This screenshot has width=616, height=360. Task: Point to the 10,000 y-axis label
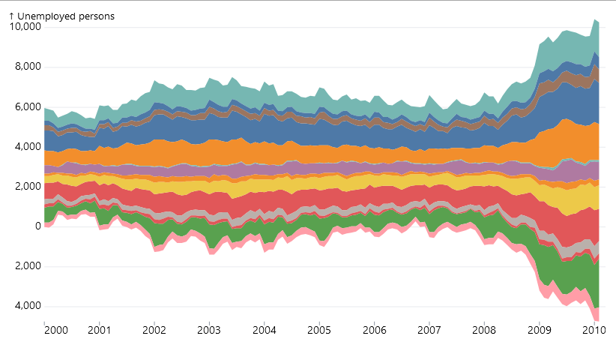[24, 27]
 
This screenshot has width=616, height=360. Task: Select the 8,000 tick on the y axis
[26, 67]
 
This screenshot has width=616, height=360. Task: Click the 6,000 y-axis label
[26, 107]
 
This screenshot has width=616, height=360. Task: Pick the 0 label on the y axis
[36, 226]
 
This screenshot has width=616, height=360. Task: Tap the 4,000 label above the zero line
[26, 147]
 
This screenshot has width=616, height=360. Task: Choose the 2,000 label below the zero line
[26, 266]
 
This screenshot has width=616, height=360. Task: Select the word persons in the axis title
[97, 16]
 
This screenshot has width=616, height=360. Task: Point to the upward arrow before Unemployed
[12, 16]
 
